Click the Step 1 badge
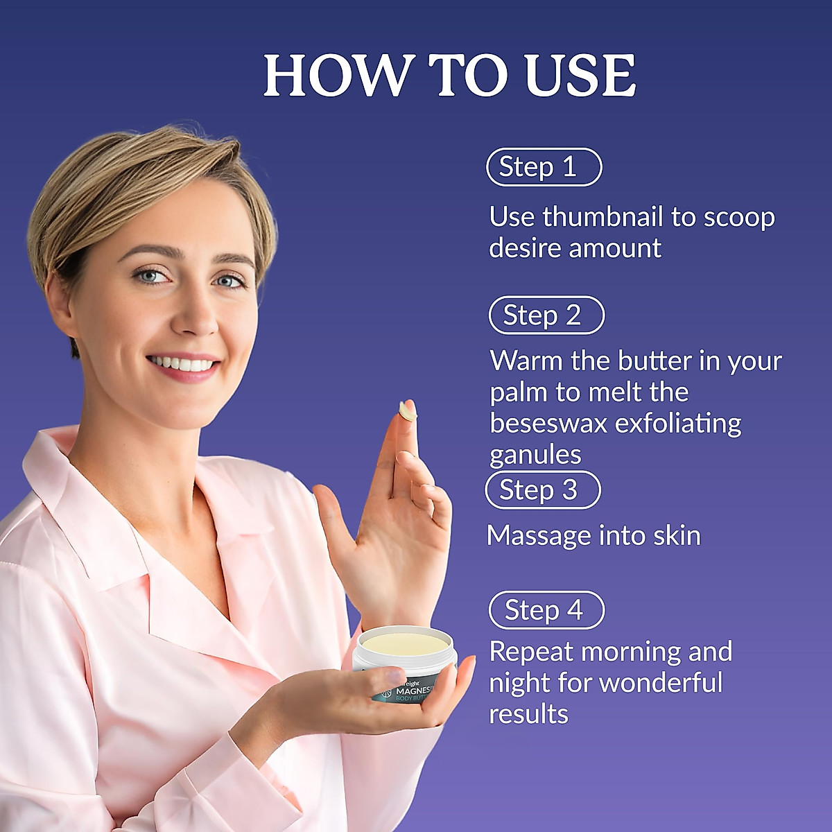click(544, 167)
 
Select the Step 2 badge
click(546, 315)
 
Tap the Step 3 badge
click(542, 490)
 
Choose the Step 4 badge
click(546, 610)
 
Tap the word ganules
click(535, 456)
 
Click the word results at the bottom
click(528, 714)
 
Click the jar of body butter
click(405, 666)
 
